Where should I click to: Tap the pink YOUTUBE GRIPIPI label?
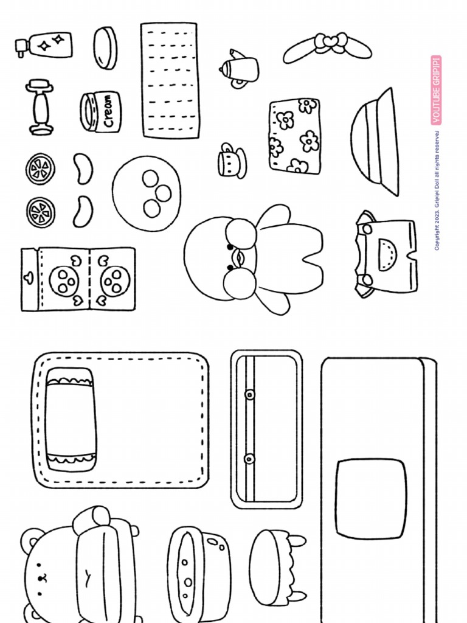click(x=436, y=90)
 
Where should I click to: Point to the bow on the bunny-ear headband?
click(x=328, y=43)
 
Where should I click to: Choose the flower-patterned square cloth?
click(x=295, y=135)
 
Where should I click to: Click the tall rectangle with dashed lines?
click(x=170, y=80)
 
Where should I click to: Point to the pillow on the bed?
click(x=71, y=419)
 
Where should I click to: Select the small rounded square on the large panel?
click(x=370, y=499)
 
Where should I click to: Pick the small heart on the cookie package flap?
click(x=28, y=278)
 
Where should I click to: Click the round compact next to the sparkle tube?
click(x=106, y=47)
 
